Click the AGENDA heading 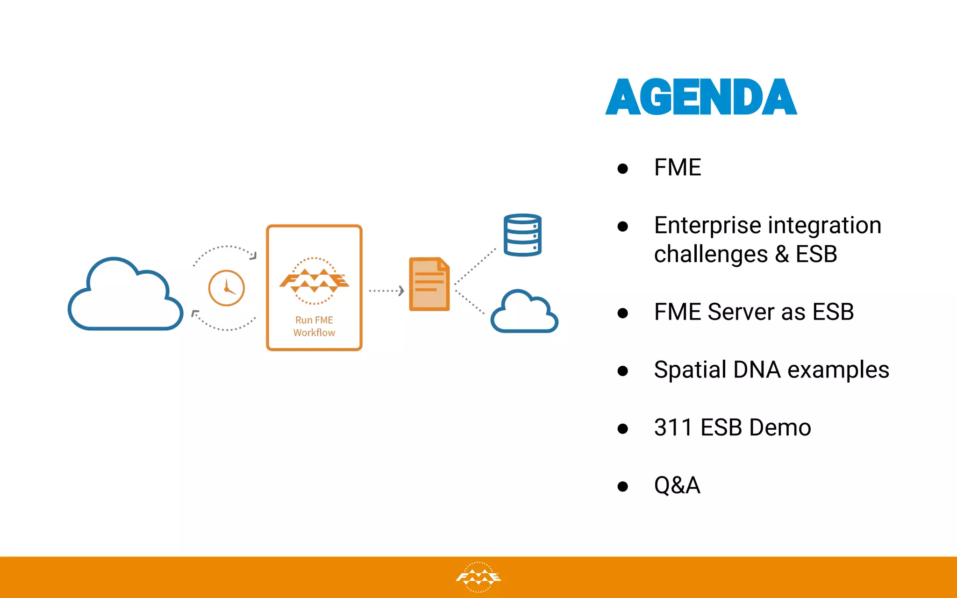(x=701, y=97)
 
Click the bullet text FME (x=678, y=167)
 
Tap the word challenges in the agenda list (x=710, y=255)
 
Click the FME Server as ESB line (x=753, y=312)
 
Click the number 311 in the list (x=673, y=427)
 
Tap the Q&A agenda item (x=677, y=485)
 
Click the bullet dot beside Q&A (x=622, y=486)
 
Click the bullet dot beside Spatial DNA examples (x=622, y=371)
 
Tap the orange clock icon (x=226, y=288)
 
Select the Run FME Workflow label (x=314, y=326)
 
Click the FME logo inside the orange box (x=314, y=281)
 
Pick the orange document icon (x=429, y=284)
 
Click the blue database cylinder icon (x=522, y=235)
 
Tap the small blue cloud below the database (x=524, y=313)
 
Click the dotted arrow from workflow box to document (x=386, y=291)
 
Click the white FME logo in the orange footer (x=478, y=577)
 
